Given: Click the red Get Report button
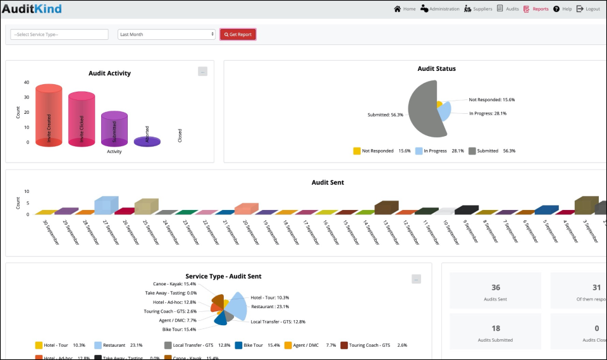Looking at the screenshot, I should pos(238,34).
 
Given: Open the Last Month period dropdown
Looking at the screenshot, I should pos(167,34).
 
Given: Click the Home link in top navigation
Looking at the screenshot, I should pos(405,9).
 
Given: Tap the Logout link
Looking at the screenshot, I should pos(588,9).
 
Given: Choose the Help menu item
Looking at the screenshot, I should pos(562,9).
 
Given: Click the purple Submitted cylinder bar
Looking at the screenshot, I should pos(114,129).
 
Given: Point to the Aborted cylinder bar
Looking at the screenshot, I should pos(147,141).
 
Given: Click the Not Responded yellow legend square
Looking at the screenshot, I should pos(357,151).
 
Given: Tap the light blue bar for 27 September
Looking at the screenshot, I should pos(106,205).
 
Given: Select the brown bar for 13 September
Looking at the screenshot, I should pos(385,208).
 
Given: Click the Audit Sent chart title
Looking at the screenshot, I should pos(328,182).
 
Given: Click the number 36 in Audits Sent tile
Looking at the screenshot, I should pos(495,287).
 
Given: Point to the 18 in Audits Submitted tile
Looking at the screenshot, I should pos(495,328).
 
